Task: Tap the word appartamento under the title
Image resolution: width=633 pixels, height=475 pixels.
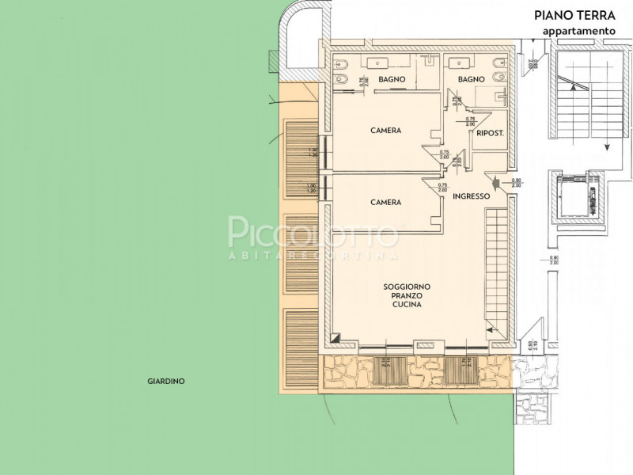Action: tap(578, 30)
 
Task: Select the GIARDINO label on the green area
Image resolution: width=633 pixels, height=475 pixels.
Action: tap(166, 381)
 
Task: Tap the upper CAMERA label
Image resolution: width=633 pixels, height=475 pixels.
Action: tap(386, 131)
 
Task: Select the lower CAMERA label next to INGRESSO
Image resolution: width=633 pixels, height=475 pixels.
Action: tap(386, 203)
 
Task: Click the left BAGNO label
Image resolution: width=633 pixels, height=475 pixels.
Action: tap(392, 80)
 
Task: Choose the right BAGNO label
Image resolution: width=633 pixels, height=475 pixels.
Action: tap(471, 80)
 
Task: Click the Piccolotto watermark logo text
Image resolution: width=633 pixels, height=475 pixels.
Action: tap(313, 234)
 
